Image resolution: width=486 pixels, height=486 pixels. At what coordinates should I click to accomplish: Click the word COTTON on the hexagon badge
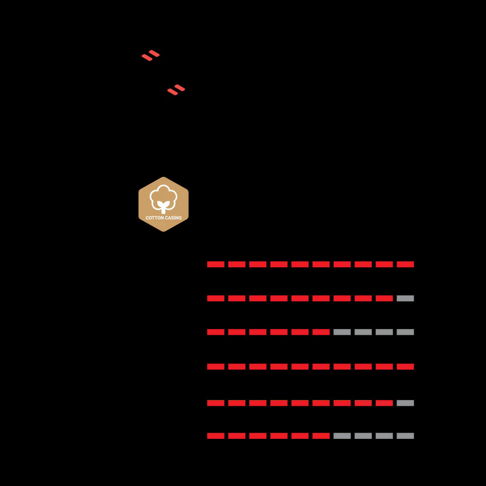pos(155,218)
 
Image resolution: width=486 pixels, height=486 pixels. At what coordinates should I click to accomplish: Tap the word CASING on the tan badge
pos(173,218)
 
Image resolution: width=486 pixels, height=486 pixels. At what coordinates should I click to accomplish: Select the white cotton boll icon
pos(163,194)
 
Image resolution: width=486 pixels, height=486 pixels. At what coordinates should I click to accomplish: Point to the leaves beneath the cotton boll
pos(163,205)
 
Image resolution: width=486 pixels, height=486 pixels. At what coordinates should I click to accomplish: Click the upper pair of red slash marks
pos(151,55)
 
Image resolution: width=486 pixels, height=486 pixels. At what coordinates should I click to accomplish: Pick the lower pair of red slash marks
pos(176,90)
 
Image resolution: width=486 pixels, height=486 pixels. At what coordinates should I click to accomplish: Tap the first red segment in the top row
pos(216,264)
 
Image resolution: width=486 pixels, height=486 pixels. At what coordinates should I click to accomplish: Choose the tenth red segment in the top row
pos(405,264)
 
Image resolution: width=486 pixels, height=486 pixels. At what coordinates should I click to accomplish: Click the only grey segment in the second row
pos(405,298)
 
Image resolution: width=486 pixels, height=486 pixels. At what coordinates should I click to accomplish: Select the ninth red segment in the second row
pos(384,298)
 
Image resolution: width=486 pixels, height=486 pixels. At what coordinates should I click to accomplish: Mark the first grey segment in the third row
pos(342,332)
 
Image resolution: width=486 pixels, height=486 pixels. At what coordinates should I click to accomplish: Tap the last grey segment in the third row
pos(405,332)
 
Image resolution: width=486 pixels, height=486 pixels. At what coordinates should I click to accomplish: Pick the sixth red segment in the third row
pos(321,332)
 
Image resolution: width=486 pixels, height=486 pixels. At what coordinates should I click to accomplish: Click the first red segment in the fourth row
pos(216,366)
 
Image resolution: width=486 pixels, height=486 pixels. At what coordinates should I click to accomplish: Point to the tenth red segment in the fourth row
pos(405,366)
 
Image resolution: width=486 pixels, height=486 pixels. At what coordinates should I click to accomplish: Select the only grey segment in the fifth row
pos(405,403)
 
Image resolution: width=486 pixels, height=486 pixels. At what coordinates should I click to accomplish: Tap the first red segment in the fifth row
pos(216,403)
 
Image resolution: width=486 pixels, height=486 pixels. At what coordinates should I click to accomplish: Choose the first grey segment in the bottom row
pos(342,436)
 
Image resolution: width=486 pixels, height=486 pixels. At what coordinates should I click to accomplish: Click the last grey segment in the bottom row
pos(405,436)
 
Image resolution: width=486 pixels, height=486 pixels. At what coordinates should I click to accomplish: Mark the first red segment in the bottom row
pos(216,436)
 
